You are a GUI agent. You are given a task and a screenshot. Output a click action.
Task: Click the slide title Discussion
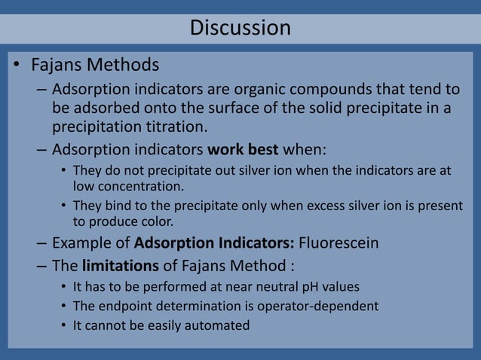[x=240, y=29]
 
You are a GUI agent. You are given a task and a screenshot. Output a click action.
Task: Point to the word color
[x=156, y=221]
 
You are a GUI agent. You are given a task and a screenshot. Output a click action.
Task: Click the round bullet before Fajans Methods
[x=16, y=66]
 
